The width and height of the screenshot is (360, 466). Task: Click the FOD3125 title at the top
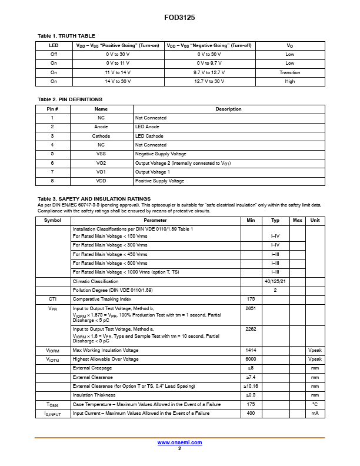[x=179, y=18]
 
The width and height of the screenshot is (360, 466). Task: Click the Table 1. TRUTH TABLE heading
[x=66, y=36]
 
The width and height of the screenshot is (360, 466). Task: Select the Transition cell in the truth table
[x=290, y=72]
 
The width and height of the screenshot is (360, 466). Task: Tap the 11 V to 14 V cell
[x=118, y=72]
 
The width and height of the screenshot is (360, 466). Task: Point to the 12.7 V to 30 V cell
[x=209, y=81]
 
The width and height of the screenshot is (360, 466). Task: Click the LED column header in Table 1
[x=54, y=45]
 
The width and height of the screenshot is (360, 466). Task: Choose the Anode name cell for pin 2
[x=101, y=127]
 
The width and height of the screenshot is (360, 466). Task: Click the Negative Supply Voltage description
[x=160, y=154]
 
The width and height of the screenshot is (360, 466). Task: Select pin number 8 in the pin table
[x=52, y=181]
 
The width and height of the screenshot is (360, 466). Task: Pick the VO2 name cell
[x=101, y=162]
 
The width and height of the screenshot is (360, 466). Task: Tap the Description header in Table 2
[x=228, y=109]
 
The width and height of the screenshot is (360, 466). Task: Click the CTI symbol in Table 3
[x=52, y=299]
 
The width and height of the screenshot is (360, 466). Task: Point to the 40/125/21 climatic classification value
[x=275, y=281]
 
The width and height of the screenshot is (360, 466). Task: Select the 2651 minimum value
[x=251, y=308]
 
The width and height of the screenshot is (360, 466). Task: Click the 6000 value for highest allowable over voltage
[x=251, y=359]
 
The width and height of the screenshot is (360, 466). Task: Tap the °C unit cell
[x=315, y=404]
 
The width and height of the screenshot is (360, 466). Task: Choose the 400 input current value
[x=251, y=413]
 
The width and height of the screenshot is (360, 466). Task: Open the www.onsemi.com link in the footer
[x=179, y=442]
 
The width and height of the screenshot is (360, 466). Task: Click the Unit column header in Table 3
[x=315, y=220]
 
